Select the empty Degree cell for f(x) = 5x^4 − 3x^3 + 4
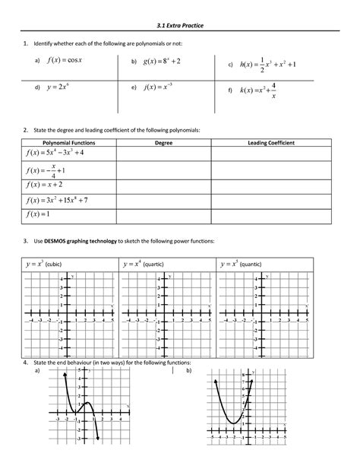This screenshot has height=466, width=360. (163, 154)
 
